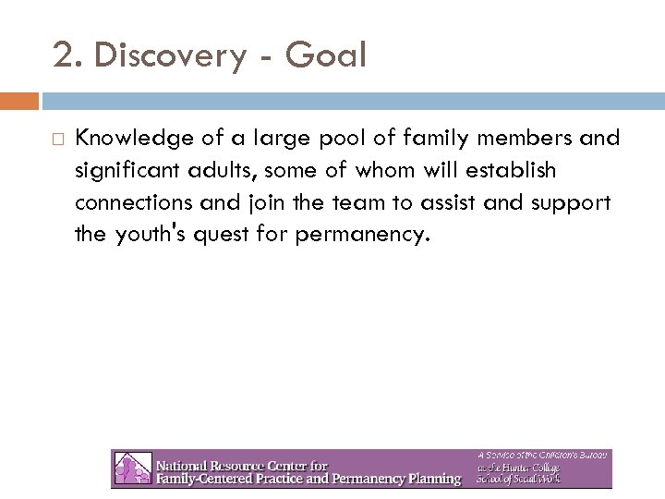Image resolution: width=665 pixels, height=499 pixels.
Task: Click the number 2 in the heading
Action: click(x=64, y=56)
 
